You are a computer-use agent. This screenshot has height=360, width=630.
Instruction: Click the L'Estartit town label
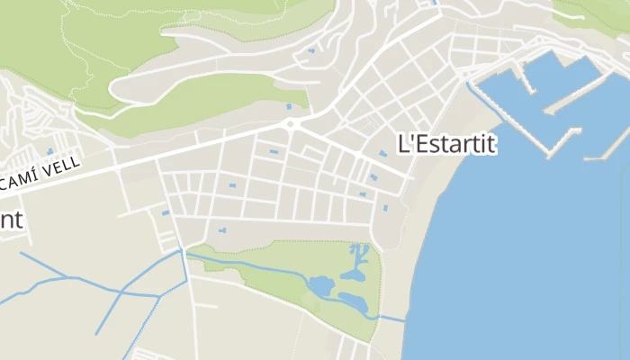click(x=447, y=143)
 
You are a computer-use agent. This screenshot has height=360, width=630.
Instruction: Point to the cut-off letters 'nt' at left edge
click(x=11, y=220)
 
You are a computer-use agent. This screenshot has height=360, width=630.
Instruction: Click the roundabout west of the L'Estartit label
click(x=290, y=125)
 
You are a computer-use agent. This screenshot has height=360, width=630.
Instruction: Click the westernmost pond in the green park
click(x=320, y=286)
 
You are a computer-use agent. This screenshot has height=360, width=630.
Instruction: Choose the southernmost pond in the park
click(x=354, y=303)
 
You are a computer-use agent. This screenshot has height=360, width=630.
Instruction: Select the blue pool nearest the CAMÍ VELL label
click(x=49, y=151)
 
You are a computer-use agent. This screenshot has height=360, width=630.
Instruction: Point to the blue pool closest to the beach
click(x=385, y=209)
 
